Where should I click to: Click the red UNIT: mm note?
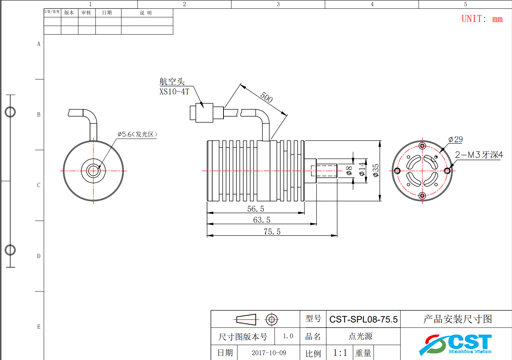[481, 19]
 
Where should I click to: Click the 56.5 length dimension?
[255, 209]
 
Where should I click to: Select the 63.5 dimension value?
[261, 220]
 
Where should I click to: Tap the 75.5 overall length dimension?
[272, 232]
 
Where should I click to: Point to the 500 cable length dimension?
[266, 97]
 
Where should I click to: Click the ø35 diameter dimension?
[376, 170]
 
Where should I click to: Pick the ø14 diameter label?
[362, 169]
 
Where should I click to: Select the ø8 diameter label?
[349, 170]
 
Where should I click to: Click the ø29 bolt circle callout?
[455, 139]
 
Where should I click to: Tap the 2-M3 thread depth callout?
[479, 155]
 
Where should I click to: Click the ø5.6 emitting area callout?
[137, 134]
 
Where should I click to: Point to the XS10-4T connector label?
[174, 92]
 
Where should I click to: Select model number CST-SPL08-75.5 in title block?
[363, 319]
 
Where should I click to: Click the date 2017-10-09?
[269, 353]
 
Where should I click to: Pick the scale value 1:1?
[340, 353]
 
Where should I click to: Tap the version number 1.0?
[288, 336]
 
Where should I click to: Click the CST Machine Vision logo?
[456, 344]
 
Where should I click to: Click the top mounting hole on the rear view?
[422, 146]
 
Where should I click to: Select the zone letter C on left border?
[39, 185]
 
